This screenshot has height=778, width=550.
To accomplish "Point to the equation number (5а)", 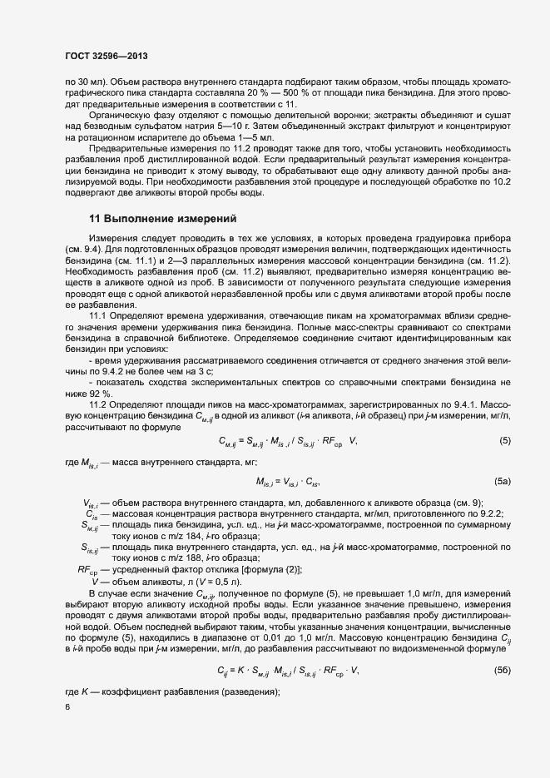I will (503, 482).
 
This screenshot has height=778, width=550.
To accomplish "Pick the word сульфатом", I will (151, 127).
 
